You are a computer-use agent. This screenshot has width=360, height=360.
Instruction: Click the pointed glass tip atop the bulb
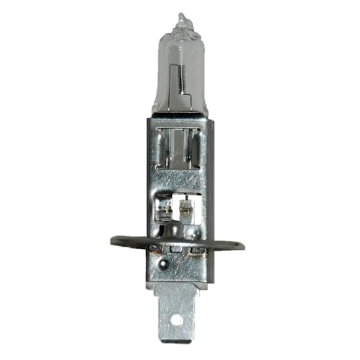coord(180,17)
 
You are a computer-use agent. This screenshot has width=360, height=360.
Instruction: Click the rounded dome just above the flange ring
coord(193,233)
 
